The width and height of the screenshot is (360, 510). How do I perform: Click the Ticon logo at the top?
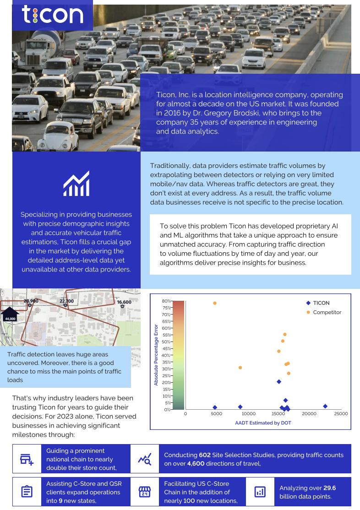(x=52, y=15)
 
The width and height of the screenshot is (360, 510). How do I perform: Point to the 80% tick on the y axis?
(x=166, y=301)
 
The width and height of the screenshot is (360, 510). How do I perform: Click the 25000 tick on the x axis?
(x=341, y=414)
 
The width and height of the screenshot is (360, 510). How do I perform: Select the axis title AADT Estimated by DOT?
(x=263, y=423)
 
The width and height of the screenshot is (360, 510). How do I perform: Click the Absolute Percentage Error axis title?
(x=156, y=355)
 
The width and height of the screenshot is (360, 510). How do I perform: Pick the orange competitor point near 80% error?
(x=215, y=303)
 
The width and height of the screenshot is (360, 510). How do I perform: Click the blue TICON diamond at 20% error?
(x=279, y=382)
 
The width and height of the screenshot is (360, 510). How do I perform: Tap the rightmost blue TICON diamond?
(x=325, y=406)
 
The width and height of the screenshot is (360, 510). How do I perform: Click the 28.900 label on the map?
(x=31, y=301)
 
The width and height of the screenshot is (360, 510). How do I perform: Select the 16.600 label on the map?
(x=124, y=302)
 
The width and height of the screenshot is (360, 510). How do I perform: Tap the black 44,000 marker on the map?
(x=10, y=316)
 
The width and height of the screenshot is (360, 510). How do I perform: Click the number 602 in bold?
(x=205, y=455)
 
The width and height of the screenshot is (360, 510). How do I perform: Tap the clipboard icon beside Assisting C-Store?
(x=27, y=492)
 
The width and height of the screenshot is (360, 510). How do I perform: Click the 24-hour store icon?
(x=145, y=492)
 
